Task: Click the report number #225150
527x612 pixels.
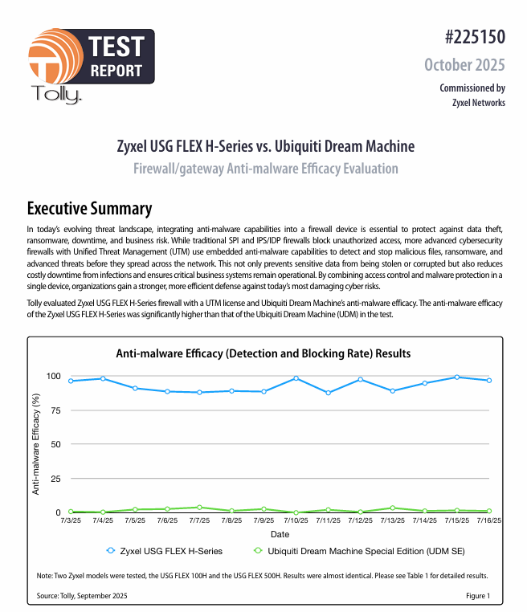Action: coord(474,38)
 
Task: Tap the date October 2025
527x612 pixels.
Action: coord(464,64)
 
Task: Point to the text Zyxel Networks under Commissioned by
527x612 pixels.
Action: coord(479,102)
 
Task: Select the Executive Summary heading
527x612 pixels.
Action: coord(89,209)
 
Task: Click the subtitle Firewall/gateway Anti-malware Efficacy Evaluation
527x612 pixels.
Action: coord(265,169)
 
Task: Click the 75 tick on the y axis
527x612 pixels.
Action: coord(55,410)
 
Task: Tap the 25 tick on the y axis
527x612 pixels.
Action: coord(55,479)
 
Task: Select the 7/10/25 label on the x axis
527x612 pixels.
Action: coord(296,521)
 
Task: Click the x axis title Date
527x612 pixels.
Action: coord(280,534)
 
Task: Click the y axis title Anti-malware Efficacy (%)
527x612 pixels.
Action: coord(36,443)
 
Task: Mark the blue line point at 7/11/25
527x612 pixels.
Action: coord(328,393)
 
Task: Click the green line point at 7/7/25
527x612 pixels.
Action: coord(199,508)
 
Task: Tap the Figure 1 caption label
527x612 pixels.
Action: coord(477,596)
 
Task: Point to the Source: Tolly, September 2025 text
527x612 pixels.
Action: coord(82,596)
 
